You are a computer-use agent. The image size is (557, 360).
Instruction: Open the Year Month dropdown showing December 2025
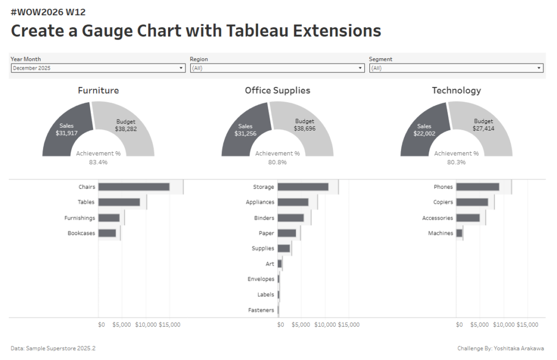[x=98, y=68]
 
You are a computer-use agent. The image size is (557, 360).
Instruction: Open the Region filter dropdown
[x=277, y=68]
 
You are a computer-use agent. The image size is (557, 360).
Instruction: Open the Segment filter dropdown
[x=456, y=68]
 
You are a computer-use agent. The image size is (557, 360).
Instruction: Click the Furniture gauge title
[x=98, y=90]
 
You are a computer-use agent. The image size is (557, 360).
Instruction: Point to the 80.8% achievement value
[x=277, y=162]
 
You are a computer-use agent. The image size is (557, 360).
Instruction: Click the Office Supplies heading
[x=277, y=90]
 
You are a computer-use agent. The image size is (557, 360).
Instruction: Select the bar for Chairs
[x=134, y=187]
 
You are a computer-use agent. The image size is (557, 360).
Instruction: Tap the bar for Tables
[x=119, y=202]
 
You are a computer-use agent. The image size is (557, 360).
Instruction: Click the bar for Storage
[x=303, y=187]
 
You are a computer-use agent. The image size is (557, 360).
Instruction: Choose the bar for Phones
[x=478, y=187]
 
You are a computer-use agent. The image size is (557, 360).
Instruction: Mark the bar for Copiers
[x=472, y=202]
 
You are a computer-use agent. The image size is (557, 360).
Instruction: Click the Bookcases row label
[x=81, y=233]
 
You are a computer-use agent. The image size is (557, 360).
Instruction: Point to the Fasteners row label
[x=261, y=310]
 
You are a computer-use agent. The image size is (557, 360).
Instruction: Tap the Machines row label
[x=440, y=233]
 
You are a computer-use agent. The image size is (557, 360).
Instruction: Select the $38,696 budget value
[x=305, y=129]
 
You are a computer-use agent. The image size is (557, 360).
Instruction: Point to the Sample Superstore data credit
[x=49, y=348]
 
